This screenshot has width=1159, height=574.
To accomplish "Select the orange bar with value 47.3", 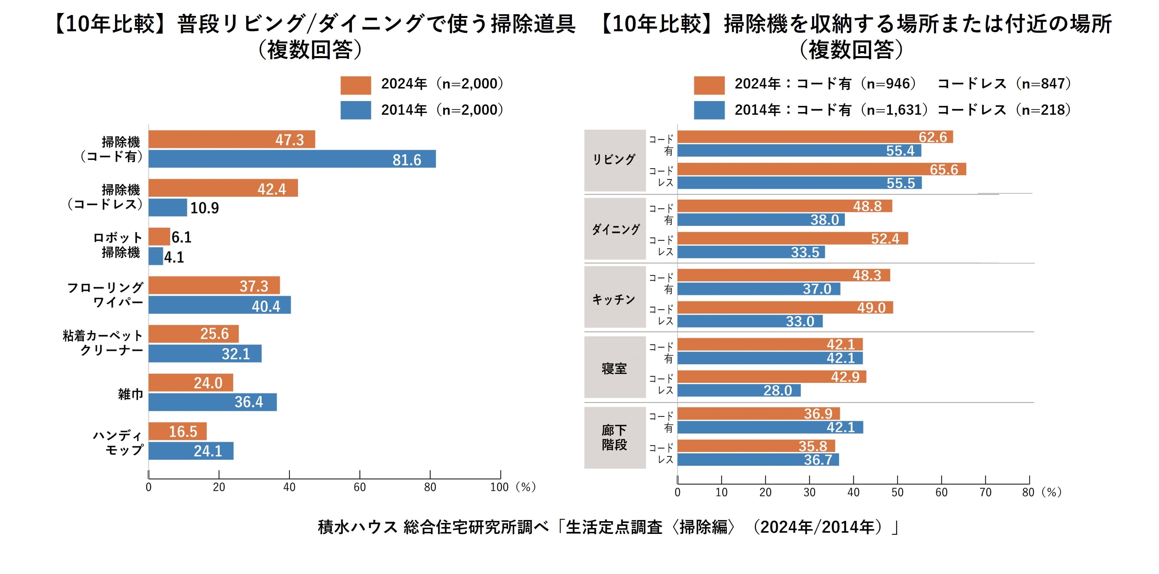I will tap(231, 140).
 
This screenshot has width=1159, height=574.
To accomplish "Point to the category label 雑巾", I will tap(130, 394).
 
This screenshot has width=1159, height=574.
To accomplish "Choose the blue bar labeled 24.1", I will tap(191, 451).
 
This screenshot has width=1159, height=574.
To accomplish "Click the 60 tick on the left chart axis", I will tap(360, 487).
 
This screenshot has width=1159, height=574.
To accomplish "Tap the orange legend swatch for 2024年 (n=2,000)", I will tap(355, 85).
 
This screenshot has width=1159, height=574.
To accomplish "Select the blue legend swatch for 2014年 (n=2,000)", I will tap(355, 110).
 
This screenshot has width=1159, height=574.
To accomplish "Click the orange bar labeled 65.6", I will tap(821, 169).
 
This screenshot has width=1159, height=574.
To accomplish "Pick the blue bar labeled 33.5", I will tap(750, 252).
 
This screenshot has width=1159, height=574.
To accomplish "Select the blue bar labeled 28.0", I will tap(738, 390).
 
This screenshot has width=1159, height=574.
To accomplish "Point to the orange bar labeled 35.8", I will tap(756, 446).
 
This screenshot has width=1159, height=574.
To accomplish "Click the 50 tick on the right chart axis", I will tap(897, 492).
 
